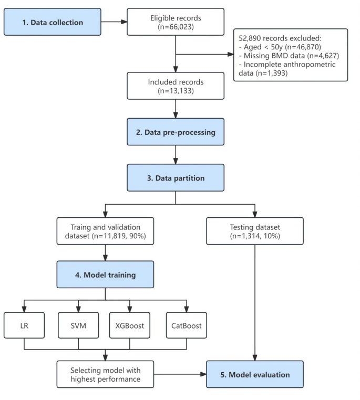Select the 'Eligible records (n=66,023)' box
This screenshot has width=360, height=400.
[176, 22]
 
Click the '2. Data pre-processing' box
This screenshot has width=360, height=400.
[176, 132]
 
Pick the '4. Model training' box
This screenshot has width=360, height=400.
[105, 274]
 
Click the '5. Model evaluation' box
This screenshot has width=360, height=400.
[255, 375]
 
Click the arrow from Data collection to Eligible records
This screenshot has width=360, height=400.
[114, 22]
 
